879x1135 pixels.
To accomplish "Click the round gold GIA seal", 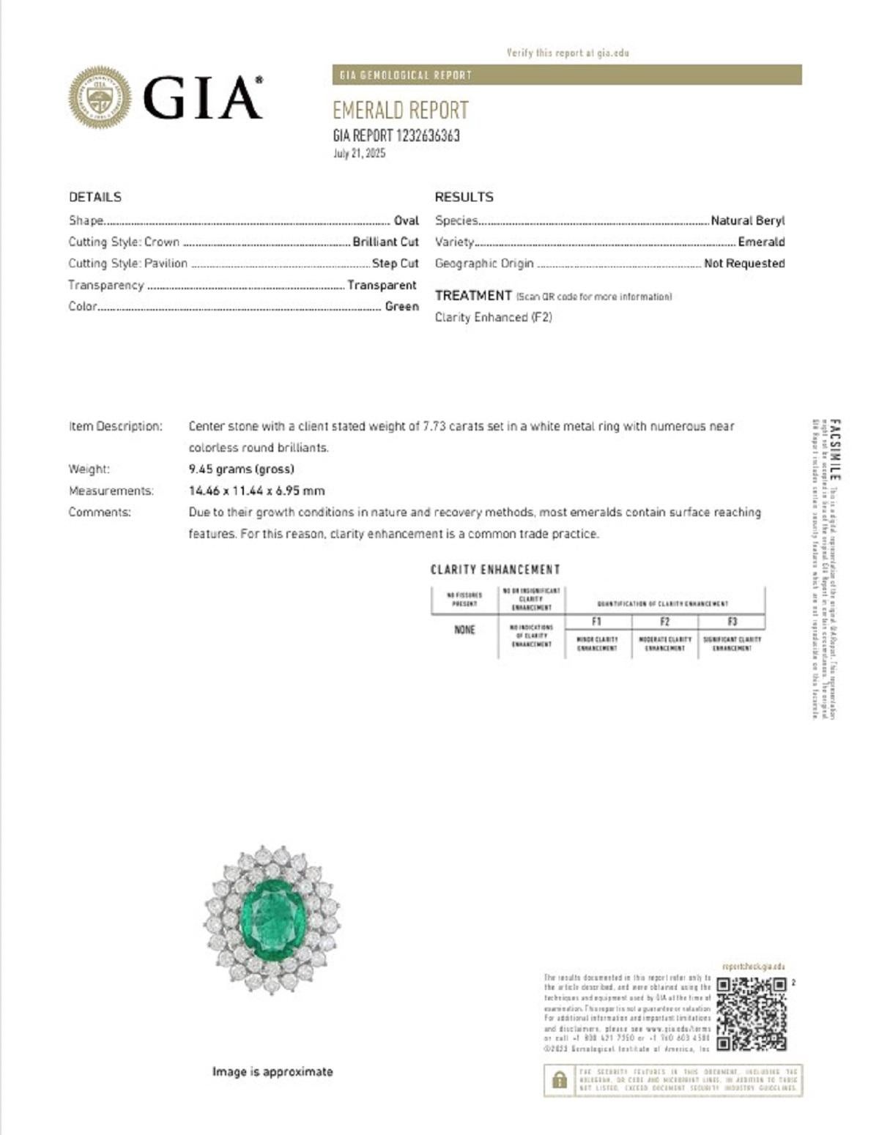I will [100, 97].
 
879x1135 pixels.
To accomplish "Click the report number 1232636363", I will [428, 135].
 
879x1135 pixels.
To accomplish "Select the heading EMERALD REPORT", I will [400, 111].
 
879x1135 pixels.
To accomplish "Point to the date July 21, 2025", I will [359, 154].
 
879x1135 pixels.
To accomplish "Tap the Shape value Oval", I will [406, 220].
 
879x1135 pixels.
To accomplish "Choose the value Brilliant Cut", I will [385, 242].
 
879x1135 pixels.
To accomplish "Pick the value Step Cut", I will [395, 264].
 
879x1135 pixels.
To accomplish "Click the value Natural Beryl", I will [747, 220].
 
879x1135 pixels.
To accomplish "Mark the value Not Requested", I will [743, 264].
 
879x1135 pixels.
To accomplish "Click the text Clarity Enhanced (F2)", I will [493, 317].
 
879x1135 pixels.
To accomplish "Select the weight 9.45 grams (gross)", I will [241, 469].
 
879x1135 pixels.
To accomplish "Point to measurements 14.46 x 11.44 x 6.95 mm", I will [256, 491].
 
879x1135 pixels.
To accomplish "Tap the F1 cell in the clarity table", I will [597, 622].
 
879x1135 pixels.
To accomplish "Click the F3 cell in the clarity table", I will [732, 622].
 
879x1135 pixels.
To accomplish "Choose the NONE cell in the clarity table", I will [464, 630].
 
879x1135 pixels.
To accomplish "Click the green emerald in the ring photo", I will [272, 916].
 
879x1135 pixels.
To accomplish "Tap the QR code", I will [751, 1014].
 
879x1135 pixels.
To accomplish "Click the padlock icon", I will [560, 1080].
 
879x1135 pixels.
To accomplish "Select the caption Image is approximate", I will [272, 1072].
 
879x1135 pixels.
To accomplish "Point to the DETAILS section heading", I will [95, 197].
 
